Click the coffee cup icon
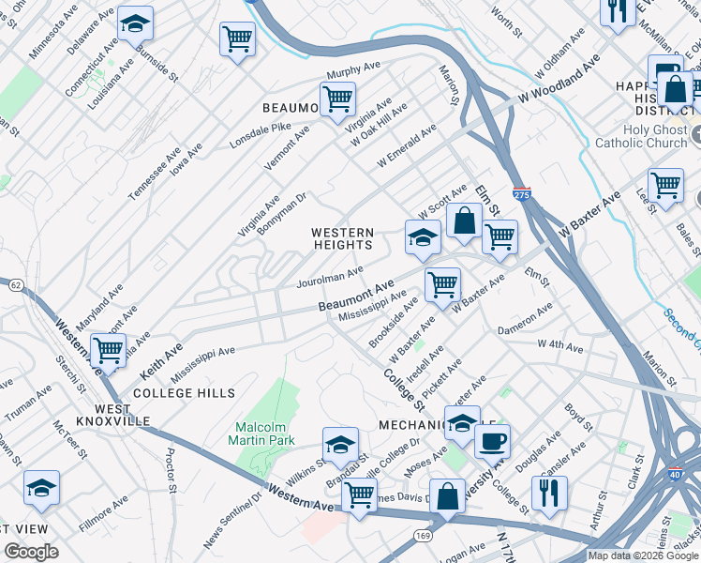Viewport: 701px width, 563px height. coord(492,440)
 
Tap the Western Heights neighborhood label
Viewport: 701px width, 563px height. coord(343,238)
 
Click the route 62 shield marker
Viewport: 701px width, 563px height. coord(16,284)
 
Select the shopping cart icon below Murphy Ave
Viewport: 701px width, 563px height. coord(336,98)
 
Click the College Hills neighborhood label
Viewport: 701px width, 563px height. coord(184,392)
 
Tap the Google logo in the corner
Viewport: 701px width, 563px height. coord(32,552)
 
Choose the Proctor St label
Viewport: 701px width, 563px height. coord(172,469)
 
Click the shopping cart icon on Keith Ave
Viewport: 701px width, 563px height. coord(109,350)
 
